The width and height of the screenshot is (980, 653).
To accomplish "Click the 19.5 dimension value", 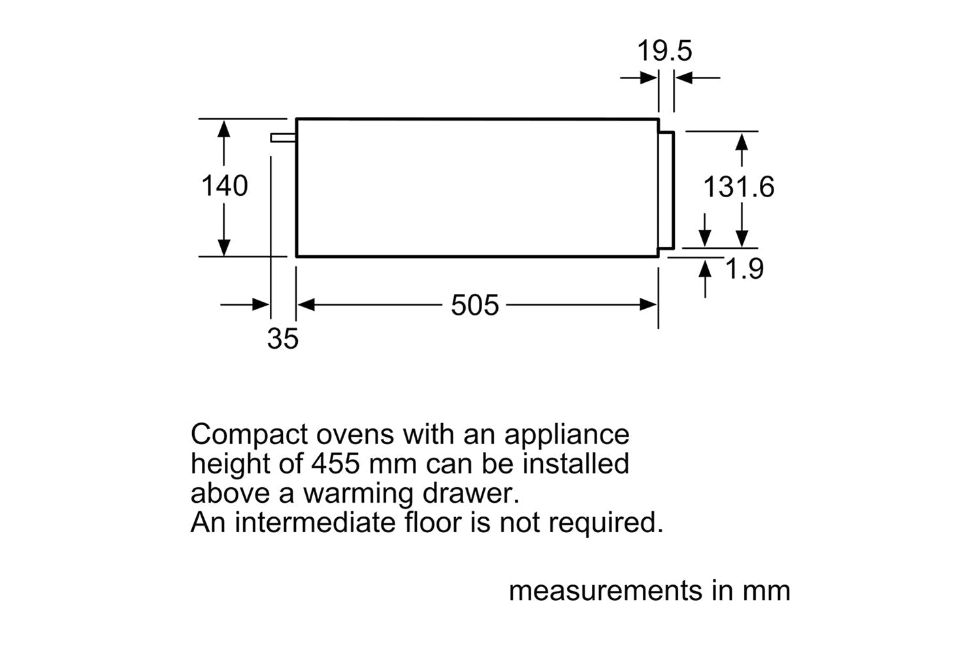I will (664, 51).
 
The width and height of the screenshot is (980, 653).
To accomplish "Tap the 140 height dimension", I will (224, 186).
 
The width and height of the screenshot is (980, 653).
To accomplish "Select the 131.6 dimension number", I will (738, 187).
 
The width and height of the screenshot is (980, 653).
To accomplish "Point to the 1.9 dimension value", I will (745, 269).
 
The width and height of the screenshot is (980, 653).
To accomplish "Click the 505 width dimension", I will (475, 305).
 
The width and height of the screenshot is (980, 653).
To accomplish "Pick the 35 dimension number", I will (282, 339).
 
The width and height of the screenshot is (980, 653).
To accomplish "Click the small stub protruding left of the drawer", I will (283, 137).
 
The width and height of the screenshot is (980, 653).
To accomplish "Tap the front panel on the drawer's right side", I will (666, 189).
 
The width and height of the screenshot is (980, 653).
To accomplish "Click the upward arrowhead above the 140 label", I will (224, 129).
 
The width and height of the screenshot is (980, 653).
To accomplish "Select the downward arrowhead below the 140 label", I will (224, 247).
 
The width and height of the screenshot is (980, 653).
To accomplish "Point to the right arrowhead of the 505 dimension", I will (649, 305).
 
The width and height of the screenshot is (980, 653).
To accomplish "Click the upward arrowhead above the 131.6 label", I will (742, 141).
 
